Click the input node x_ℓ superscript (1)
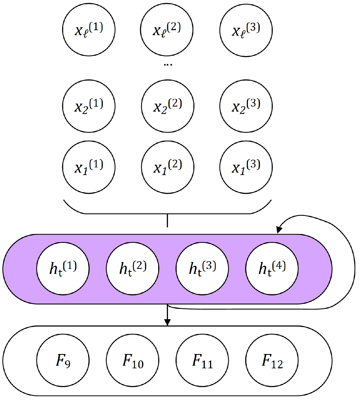click(89, 30)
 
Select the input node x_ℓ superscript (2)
click(167, 30)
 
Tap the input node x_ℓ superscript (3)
click(246, 30)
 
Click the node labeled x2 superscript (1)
click(89, 106)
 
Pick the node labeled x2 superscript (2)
click(168, 106)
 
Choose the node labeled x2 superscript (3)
click(246, 106)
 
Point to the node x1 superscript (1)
click(89, 167)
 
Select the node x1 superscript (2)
click(168, 167)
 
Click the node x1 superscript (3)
click(246, 167)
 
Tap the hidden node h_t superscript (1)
click(63, 269)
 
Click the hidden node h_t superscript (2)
click(133, 269)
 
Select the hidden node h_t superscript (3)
click(202, 269)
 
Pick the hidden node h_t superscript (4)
click(272, 269)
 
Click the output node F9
click(63, 360)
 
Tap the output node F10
click(133, 360)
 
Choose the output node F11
click(202, 360)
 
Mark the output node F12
click(272, 360)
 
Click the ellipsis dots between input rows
click(168, 65)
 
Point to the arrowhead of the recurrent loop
click(279, 230)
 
